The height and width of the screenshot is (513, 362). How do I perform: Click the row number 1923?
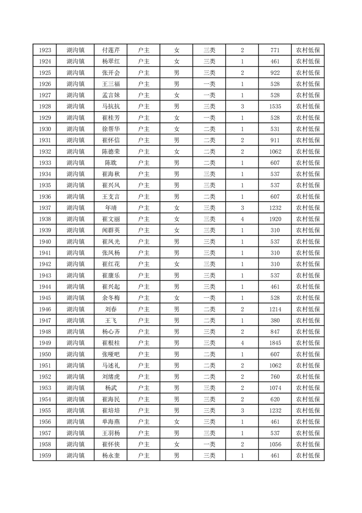[x=45, y=50]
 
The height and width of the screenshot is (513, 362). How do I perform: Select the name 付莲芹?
[x=110, y=50]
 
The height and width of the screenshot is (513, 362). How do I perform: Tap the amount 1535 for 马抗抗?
[x=275, y=107]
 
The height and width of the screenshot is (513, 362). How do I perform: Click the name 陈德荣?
[x=110, y=152]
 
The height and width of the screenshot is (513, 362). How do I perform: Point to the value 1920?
[x=275, y=219]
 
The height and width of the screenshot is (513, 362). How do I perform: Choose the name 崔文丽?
[x=110, y=219]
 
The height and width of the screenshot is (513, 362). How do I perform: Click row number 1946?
[x=45, y=310]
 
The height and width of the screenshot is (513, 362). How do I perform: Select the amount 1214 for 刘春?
[x=275, y=310]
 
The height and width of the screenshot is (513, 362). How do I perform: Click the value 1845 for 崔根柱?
[x=275, y=343]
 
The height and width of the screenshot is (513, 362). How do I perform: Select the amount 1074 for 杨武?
[x=275, y=388]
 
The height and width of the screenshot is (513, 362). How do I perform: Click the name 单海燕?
[x=110, y=422]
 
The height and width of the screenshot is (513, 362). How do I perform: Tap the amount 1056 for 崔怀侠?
[x=275, y=444]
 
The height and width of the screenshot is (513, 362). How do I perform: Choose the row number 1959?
[x=45, y=456]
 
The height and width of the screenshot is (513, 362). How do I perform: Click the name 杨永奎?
[x=110, y=456]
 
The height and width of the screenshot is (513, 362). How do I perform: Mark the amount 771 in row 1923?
[x=275, y=50]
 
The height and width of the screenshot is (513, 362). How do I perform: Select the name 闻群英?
[x=110, y=230]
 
